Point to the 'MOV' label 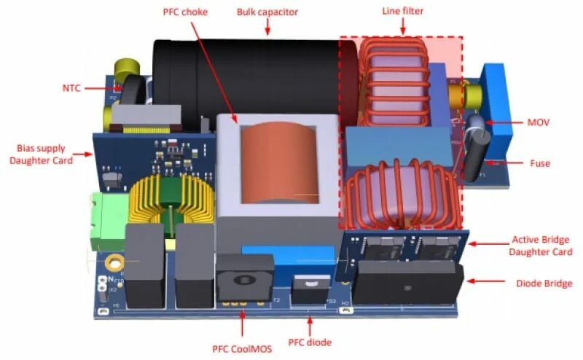pos(541,123)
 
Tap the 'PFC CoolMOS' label pos(242,348)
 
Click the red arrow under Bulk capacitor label pos(267,27)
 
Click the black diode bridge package pos(408,283)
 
